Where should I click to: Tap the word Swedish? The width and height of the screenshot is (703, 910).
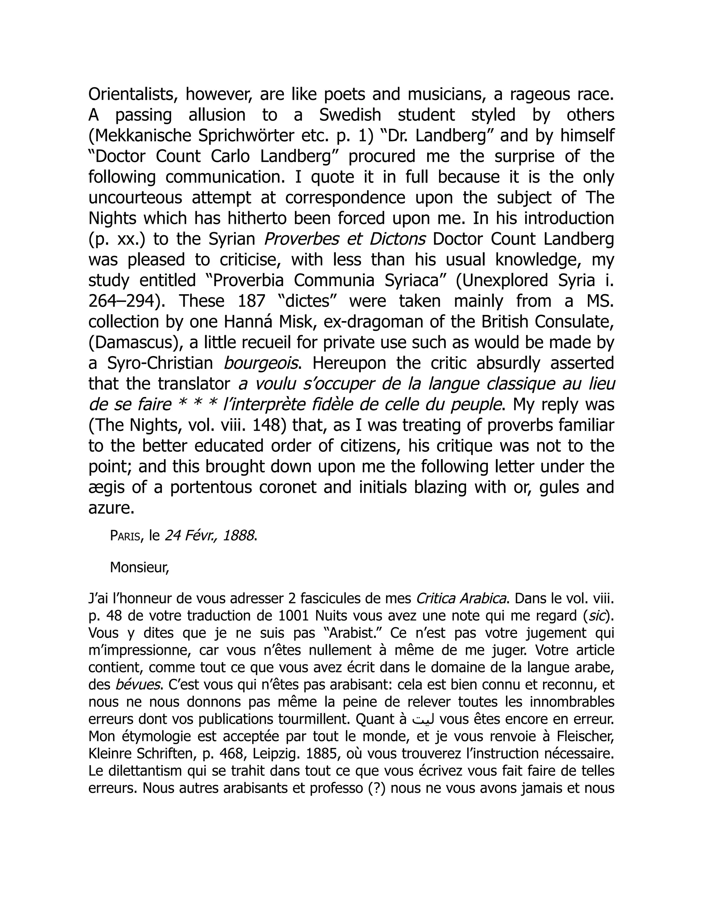tap(350, 115)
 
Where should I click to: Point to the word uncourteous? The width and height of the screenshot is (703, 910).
tap(135, 197)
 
